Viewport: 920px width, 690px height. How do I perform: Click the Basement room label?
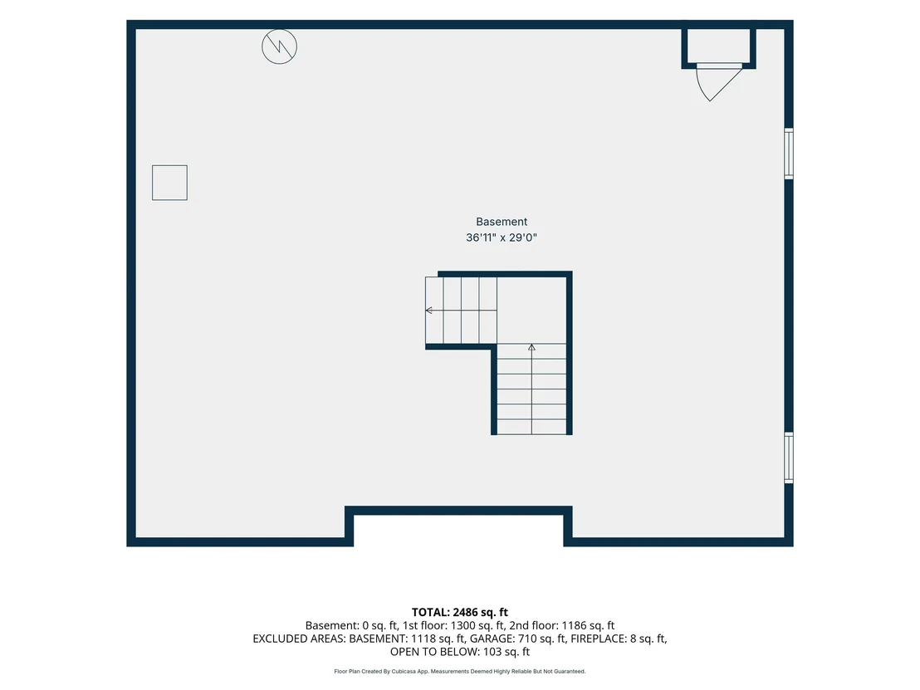click(501, 222)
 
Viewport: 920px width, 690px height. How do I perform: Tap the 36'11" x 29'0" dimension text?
click(501, 237)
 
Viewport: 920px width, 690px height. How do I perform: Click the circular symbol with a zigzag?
click(279, 46)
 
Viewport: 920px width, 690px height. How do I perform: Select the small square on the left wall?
click(169, 183)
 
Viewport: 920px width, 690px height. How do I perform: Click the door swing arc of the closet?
click(701, 88)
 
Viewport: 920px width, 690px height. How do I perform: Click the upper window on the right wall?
click(789, 154)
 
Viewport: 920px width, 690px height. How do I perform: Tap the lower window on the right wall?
click(789, 458)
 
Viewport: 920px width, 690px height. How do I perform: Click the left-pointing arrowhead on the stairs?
click(429, 311)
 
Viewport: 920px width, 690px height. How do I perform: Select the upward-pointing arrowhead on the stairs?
click(531, 347)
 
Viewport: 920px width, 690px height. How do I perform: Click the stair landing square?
click(531, 311)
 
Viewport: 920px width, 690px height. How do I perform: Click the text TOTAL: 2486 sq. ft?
click(460, 613)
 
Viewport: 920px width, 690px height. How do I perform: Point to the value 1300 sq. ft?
click(476, 625)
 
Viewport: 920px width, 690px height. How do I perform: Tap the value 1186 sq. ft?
click(588, 625)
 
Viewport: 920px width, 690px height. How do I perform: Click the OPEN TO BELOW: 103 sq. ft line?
click(460, 652)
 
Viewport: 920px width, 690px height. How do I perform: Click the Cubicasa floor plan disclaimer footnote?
click(460, 671)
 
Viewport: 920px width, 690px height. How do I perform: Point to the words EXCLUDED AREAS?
click(299, 639)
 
